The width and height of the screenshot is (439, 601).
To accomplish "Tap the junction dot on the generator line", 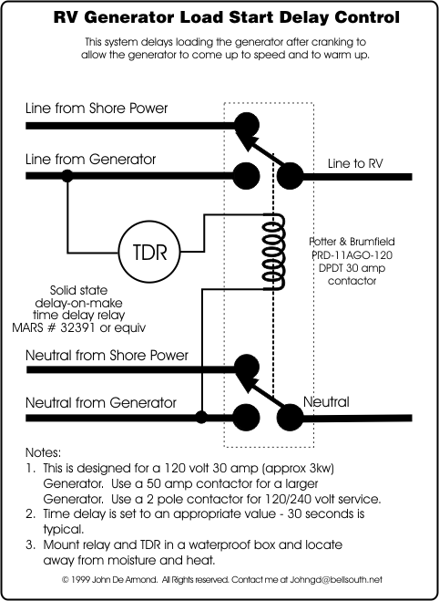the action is point(67,176).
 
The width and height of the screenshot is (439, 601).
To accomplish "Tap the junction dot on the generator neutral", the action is point(201,417).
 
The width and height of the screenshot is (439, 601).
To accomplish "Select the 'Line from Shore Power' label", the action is point(97,109).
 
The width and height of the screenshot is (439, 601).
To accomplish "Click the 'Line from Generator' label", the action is point(91,159).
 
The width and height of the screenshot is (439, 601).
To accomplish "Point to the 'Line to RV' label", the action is point(355,163).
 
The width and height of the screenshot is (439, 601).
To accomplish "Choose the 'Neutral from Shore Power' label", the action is point(107,356).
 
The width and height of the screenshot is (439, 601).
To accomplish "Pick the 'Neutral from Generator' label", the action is point(101,403).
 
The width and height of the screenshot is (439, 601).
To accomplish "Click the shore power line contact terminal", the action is point(247,125).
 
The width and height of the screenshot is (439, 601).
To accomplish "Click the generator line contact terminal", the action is point(247,176).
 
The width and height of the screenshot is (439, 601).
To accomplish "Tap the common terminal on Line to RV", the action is point(291,176).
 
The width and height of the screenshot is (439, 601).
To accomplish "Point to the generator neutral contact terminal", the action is point(247,418).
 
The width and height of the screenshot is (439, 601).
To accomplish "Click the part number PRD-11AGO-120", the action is point(352,254).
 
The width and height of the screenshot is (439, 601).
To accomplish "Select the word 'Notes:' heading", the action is point(43,452).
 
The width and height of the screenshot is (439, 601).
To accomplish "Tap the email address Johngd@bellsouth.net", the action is point(336,579).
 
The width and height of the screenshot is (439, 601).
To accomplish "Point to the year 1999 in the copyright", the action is point(81,579).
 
